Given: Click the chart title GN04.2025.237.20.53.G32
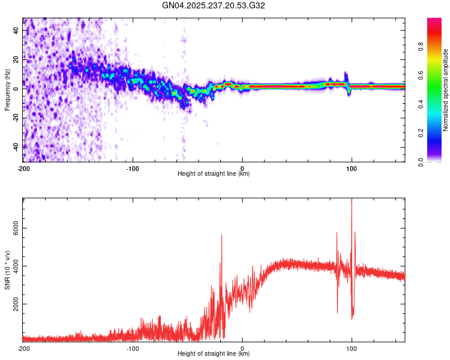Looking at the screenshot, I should click(214, 5).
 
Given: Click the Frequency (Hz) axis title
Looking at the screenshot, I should click(7, 90).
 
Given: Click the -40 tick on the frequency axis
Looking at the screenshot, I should click(17, 146).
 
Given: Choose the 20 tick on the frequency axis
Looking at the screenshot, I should click(17, 59).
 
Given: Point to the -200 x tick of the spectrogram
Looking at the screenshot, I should click(23, 167).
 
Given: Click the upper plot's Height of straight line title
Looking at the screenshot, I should click(214, 174).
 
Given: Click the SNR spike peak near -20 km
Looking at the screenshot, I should click(222, 235).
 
